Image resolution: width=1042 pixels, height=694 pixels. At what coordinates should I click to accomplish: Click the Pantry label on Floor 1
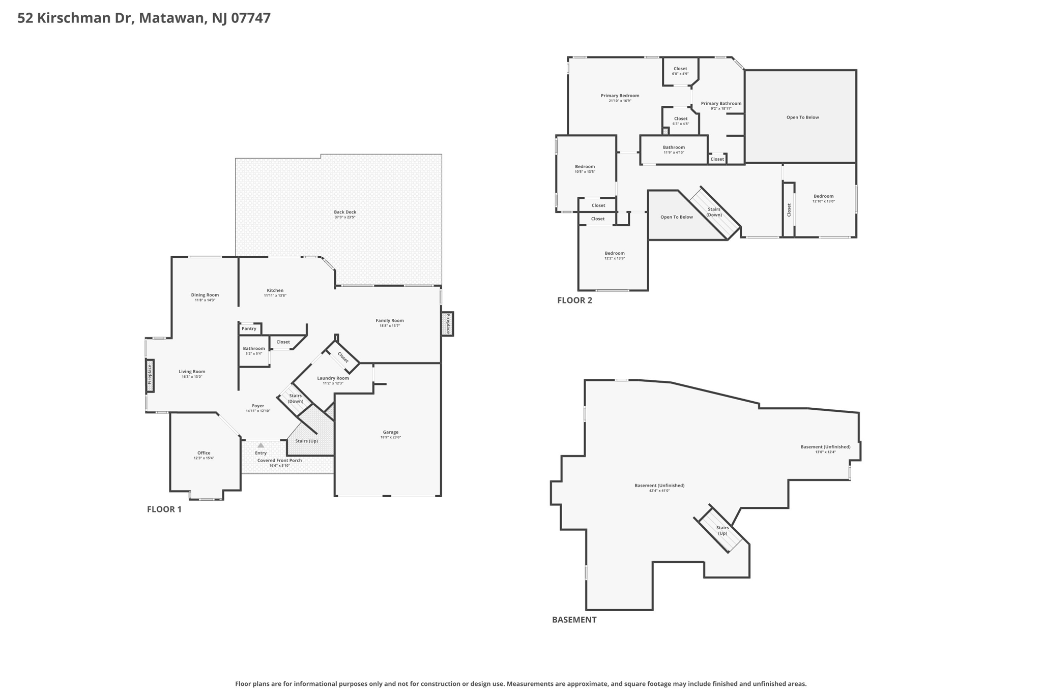point(249,328)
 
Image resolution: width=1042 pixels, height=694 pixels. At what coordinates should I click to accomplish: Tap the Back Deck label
point(345,212)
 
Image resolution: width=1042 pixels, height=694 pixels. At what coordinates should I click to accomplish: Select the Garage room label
point(391,432)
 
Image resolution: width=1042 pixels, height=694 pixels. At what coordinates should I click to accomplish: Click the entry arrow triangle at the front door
point(260,445)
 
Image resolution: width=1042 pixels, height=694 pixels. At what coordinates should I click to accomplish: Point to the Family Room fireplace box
point(448,324)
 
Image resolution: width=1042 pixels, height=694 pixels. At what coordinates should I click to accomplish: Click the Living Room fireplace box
point(150,376)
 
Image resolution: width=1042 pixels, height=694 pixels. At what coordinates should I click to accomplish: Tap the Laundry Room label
point(333,378)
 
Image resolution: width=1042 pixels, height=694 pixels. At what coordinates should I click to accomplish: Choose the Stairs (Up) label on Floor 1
point(306,441)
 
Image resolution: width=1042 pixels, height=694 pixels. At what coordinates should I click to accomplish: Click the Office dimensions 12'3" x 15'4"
point(204,458)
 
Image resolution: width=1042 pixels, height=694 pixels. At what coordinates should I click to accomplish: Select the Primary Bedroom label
point(620,96)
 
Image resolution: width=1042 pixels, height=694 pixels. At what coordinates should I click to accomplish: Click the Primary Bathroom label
point(721,103)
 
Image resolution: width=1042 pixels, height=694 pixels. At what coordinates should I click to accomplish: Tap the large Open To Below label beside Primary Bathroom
point(802,117)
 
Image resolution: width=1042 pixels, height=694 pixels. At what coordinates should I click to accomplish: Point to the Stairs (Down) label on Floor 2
point(714,212)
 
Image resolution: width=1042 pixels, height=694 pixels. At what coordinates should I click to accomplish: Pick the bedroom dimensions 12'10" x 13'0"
point(824,201)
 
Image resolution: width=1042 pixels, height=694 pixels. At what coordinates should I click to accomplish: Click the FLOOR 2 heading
point(574,300)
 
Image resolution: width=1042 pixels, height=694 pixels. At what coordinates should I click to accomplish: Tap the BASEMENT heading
point(574,619)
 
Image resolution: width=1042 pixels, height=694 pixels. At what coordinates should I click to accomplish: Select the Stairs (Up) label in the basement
point(722,530)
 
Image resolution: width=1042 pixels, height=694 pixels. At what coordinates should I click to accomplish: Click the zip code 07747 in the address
point(251,18)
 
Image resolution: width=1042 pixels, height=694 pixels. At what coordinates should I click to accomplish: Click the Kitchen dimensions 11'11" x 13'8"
point(275,295)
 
